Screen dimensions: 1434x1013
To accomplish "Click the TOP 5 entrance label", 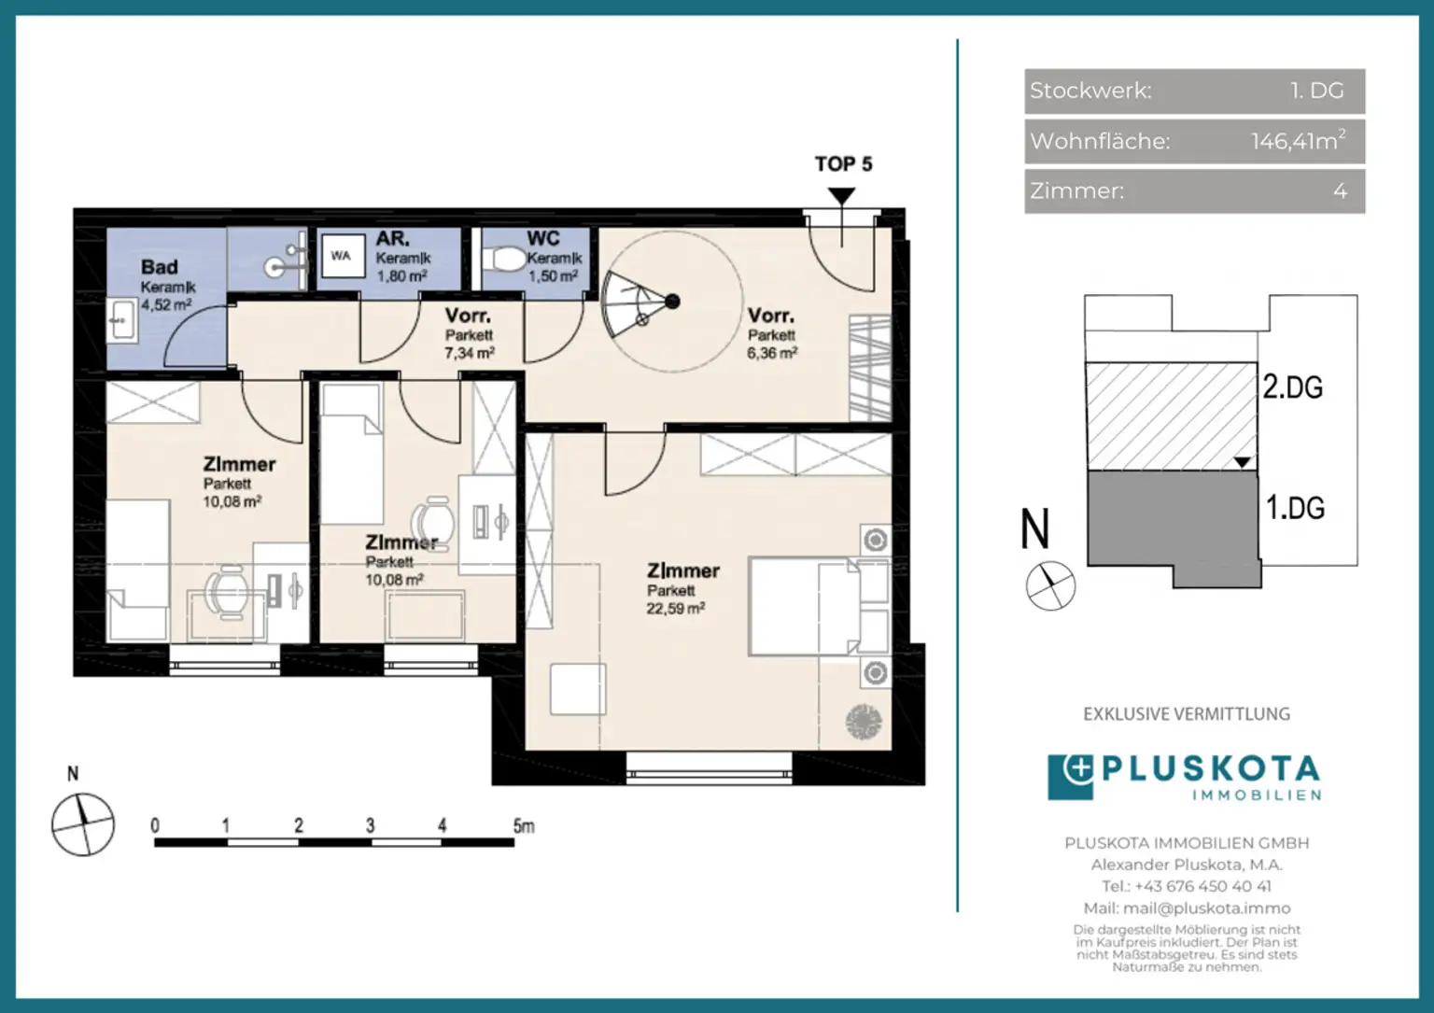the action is (843, 164).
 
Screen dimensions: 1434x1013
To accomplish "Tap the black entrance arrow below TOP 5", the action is (841, 196).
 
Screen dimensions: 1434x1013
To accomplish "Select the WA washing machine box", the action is (344, 256).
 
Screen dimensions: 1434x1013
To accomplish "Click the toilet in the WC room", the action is (504, 260).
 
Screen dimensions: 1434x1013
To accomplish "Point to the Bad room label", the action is (160, 266).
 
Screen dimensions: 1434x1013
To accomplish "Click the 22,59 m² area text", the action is (675, 609).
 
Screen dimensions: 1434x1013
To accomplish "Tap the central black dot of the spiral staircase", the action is (672, 301).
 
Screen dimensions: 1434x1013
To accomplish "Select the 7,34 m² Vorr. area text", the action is (470, 353).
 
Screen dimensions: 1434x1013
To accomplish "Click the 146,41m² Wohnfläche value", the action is (1299, 140).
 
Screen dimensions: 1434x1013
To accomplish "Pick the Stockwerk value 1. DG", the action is (1317, 91).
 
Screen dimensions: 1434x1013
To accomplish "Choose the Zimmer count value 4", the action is (1340, 190).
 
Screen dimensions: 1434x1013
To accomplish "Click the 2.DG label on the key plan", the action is (1292, 387).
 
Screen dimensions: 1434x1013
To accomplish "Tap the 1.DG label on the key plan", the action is (1295, 508).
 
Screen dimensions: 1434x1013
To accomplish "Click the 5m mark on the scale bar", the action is (524, 826).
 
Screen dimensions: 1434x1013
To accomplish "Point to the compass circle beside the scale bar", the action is (82, 824).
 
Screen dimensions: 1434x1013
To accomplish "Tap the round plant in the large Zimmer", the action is (864, 721).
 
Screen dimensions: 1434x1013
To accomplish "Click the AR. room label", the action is (392, 239).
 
